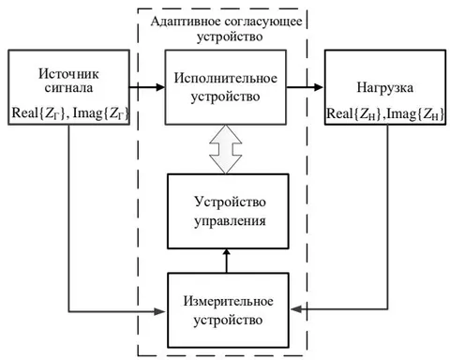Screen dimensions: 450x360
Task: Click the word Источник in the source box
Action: (68, 74)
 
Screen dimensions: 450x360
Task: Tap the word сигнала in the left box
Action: (68, 88)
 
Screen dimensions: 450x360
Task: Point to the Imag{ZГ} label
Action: (100, 113)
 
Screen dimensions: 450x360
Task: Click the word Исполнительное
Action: (226, 78)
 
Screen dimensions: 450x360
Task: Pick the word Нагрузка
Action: (385, 88)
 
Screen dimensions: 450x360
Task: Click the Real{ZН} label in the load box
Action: (354, 114)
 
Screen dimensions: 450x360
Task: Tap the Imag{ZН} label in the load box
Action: (415, 114)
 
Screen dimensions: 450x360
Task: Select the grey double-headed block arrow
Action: (226, 149)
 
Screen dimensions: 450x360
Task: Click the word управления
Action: (230, 221)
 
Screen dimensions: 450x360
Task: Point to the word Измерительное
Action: (228, 301)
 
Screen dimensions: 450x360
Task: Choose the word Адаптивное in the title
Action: (187, 22)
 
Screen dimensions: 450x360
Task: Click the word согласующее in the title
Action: (263, 22)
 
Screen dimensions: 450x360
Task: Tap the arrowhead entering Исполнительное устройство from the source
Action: (159, 87)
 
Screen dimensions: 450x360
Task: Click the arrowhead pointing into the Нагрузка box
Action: (318, 87)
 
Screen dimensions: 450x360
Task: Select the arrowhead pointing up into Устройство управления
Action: (227, 252)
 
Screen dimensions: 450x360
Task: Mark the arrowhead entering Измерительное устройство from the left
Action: (159, 311)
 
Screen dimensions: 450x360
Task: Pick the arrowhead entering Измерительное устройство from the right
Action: (296, 309)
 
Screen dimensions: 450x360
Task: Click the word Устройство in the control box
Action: (230, 202)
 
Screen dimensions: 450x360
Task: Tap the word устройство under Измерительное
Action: (228, 321)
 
